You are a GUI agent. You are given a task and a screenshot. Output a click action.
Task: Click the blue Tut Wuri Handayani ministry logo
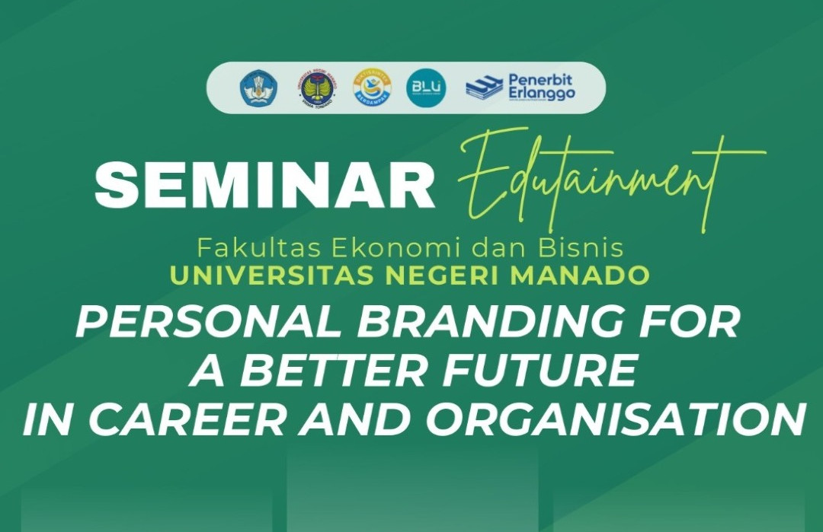[x=259, y=88]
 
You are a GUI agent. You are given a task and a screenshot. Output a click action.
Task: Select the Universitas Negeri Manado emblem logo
[x=318, y=88]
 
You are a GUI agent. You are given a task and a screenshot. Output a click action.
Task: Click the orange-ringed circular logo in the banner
[x=372, y=88]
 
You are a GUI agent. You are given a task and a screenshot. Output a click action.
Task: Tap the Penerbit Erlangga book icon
[x=484, y=88]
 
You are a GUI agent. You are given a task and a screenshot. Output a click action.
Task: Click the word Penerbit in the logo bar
[x=540, y=80]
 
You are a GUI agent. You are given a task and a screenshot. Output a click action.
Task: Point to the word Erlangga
[x=541, y=94]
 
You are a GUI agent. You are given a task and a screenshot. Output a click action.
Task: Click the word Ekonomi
[x=360, y=248]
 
